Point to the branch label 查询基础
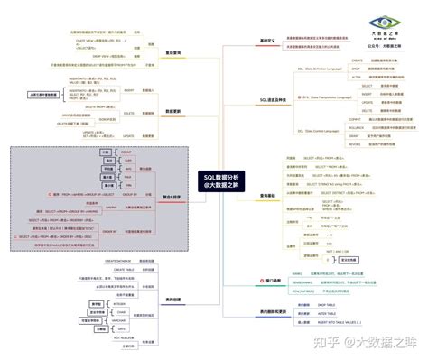268,194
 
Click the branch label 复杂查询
172,51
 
